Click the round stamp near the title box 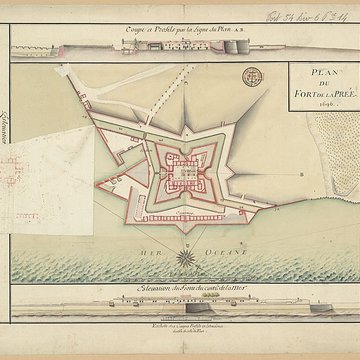251,74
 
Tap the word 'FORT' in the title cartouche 297,89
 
